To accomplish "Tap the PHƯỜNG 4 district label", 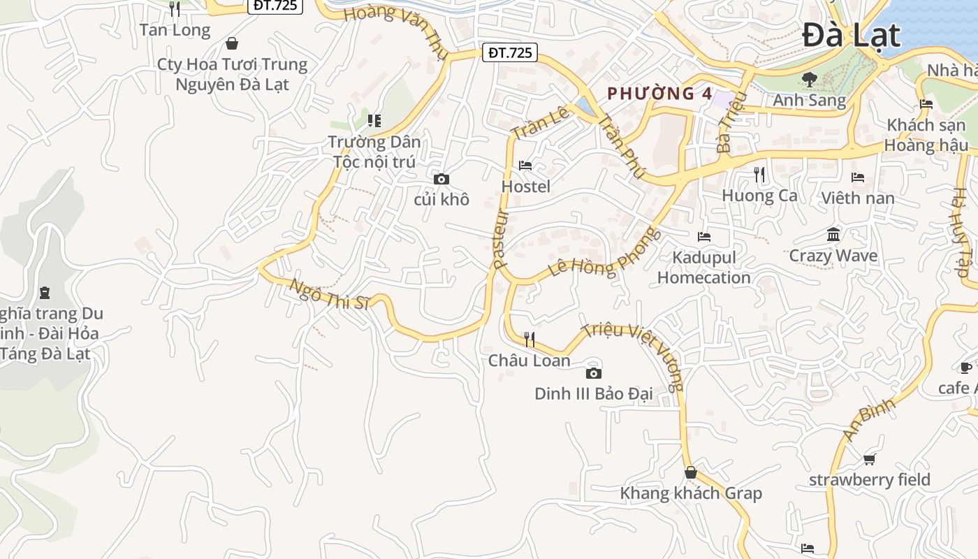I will click(x=650, y=94).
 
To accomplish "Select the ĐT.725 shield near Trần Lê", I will click(x=510, y=52).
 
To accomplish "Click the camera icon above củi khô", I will click(x=441, y=179).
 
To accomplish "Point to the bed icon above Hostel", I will click(x=525, y=166).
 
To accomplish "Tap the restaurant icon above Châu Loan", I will click(x=530, y=340).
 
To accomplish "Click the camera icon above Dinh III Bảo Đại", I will click(x=593, y=373).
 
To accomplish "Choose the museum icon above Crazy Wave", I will click(x=833, y=235).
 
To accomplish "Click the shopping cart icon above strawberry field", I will click(x=869, y=459).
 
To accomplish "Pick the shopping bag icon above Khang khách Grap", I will click(x=690, y=473).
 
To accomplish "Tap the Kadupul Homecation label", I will click(x=703, y=268).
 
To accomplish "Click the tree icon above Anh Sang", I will click(x=809, y=80).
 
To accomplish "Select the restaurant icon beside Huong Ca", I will click(x=759, y=174).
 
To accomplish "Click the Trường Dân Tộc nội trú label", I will click(x=374, y=152).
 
